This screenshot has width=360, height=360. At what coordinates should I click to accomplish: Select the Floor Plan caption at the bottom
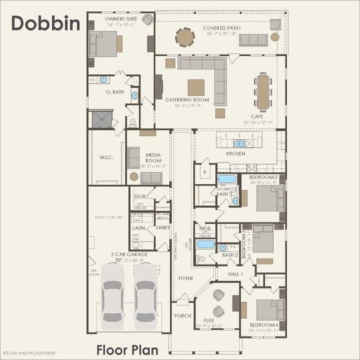(x=127, y=349)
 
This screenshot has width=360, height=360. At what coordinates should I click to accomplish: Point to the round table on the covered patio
(x=185, y=38)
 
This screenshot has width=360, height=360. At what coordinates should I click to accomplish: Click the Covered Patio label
(x=222, y=28)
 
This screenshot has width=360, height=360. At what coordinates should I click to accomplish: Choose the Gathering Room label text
(x=187, y=100)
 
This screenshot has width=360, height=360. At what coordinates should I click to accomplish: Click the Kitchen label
(x=235, y=154)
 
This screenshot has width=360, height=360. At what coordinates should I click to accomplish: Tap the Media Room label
(x=152, y=158)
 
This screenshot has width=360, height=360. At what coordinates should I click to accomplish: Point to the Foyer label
(x=185, y=278)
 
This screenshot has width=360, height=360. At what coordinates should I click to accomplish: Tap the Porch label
(x=182, y=316)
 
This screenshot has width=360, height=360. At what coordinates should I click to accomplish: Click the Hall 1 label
(x=235, y=274)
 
